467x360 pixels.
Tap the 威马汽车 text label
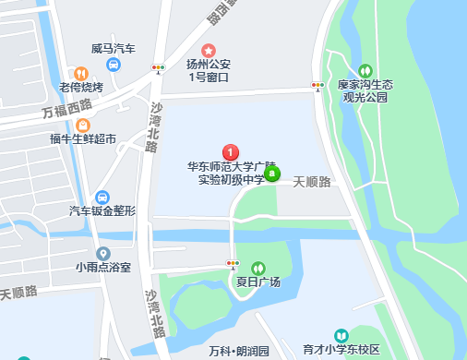tap(114, 48)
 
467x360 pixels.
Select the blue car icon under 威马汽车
tap(114, 65)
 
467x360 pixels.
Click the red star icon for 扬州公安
tap(209, 50)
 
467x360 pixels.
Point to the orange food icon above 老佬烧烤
tap(80, 73)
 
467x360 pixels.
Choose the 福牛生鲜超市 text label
tap(83, 140)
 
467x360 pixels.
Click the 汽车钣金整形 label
tap(102, 211)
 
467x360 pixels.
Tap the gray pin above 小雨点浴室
tap(103, 253)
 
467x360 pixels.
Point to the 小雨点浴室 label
tap(103, 268)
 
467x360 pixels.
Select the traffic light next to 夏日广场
tap(233, 264)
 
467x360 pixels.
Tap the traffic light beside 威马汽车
tap(159, 67)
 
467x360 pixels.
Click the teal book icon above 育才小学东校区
tap(341, 335)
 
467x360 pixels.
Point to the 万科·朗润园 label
tap(238, 351)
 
